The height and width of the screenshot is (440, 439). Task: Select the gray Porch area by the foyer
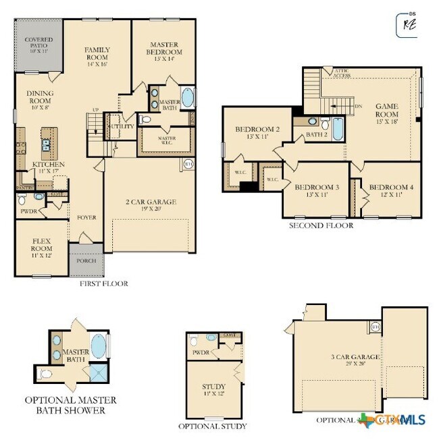click(x=86, y=261)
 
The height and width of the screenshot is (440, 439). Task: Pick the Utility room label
click(x=122, y=126)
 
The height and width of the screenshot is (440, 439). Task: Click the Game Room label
click(x=387, y=109)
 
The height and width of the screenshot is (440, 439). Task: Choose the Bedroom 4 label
click(x=389, y=190)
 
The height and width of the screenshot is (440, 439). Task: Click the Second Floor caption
click(x=321, y=226)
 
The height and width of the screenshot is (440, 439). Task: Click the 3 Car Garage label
click(x=356, y=360)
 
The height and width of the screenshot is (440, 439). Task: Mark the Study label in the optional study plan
click(x=214, y=390)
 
